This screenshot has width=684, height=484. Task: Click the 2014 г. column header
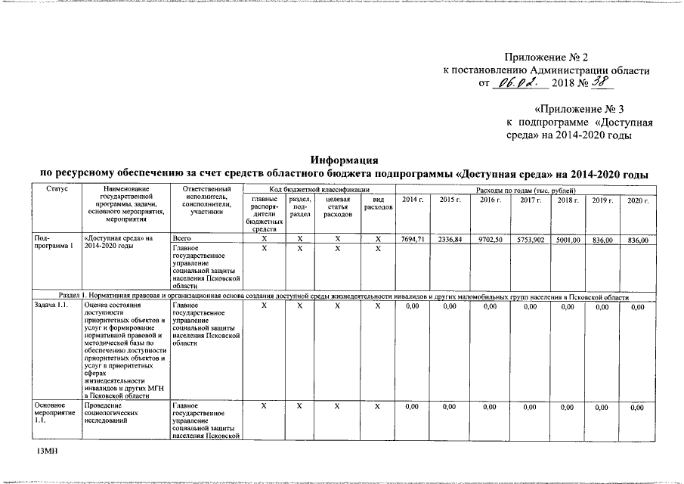(x=413, y=199)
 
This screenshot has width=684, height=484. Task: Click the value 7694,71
(x=413, y=239)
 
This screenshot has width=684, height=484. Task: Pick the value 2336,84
(x=450, y=239)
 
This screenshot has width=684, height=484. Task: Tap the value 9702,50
(x=489, y=239)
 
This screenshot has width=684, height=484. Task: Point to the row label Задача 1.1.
(x=51, y=306)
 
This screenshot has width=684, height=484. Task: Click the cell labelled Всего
(x=181, y=239)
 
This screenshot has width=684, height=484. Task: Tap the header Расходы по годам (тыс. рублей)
(x=525, y=188)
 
